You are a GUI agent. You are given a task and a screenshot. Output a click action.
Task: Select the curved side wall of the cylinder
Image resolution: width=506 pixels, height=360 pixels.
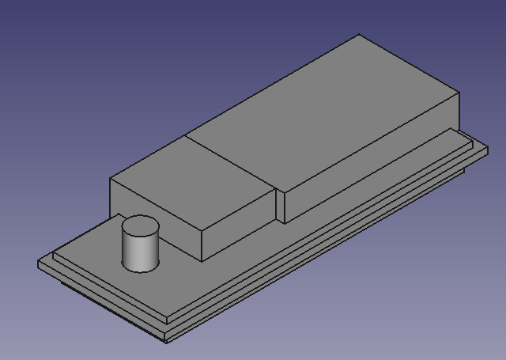pos(140,252)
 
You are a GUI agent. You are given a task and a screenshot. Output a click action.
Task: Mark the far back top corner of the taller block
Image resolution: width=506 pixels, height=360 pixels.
pos(360,34)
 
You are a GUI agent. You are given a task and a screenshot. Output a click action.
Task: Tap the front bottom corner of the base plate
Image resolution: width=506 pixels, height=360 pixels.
pos(167,342)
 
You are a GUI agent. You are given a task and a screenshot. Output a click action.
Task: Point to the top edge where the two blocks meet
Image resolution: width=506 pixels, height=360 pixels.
pos(229,162)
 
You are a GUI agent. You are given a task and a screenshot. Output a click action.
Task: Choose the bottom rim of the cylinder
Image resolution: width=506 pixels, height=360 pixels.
pos(141,270)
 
